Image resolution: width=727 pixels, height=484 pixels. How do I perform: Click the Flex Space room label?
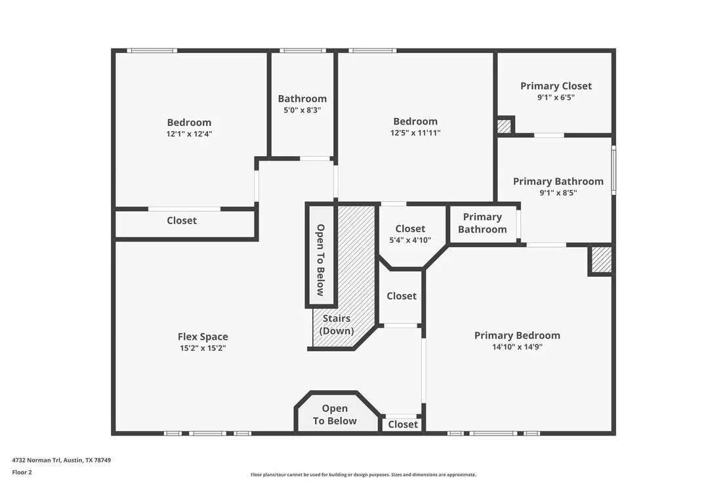pos(203,336)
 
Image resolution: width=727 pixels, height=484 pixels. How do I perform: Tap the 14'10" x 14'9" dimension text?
pos(517,347)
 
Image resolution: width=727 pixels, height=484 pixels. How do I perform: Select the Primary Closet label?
pos(556,86)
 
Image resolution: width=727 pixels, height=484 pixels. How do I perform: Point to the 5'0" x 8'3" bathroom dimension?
pos(302,110)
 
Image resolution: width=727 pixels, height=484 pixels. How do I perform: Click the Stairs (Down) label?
pos(337,325)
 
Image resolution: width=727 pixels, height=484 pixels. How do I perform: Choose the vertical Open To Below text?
pos(320,260)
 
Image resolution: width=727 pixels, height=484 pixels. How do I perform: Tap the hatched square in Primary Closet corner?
pos(504,126)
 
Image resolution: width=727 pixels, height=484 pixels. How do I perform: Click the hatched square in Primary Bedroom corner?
pos(602,260)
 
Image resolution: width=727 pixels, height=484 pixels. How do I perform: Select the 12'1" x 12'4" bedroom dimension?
pos(189,134)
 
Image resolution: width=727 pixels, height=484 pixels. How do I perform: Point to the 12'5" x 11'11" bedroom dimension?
pos(415,132)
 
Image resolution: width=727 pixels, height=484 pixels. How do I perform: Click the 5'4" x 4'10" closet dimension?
pos(410,240)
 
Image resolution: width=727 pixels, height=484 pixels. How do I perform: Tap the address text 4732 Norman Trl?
pos(36,460)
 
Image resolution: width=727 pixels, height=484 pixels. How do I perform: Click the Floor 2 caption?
pos(22,472)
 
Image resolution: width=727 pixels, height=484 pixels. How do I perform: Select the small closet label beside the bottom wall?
pos(403,424)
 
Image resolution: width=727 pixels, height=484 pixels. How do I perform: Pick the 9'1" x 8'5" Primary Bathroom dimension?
pos(558,193)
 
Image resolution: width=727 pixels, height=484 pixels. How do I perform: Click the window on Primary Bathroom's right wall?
pos(613,170)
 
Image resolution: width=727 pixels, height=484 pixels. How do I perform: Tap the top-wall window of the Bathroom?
pos(302,50)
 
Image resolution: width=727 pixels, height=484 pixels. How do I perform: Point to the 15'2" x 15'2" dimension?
pos(203,348)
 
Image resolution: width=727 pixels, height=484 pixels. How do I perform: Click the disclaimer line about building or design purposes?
pos(363,475)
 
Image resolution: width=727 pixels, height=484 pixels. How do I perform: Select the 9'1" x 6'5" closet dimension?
pos(556,97)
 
